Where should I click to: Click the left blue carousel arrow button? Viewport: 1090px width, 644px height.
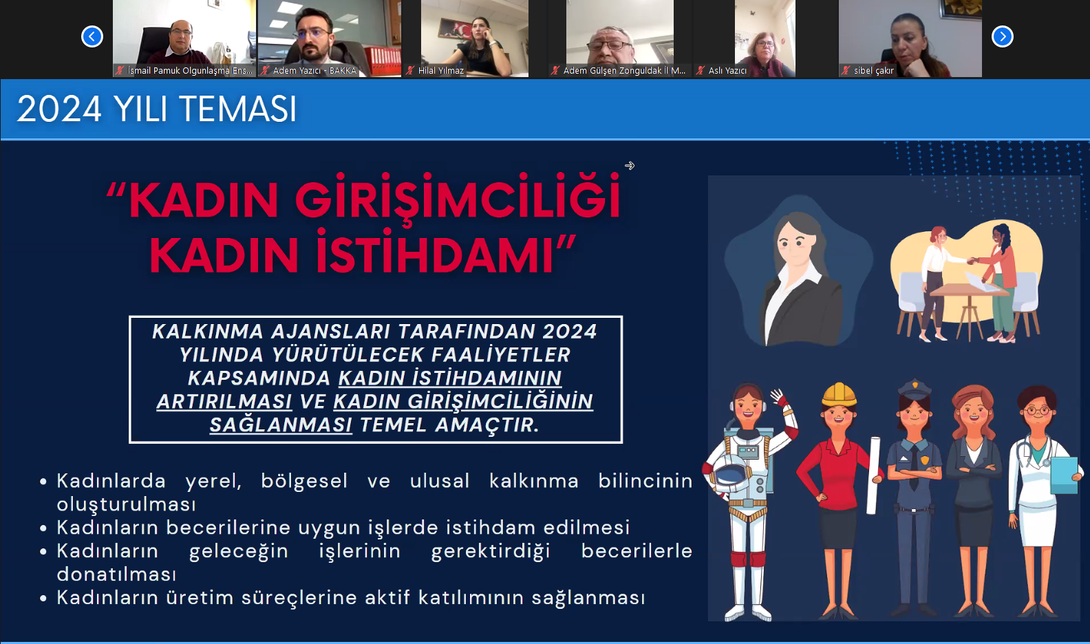click(x=92, y=36)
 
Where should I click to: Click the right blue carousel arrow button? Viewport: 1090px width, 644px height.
click(x=1003, y=36)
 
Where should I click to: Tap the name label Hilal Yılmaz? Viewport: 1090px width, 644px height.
click(x=441, y=71)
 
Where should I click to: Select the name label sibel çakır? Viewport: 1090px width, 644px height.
click(x=873, y=71)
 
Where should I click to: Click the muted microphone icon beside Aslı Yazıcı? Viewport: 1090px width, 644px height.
click(x=701, y=71)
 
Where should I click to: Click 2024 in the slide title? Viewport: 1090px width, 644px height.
click(x=59, y=109)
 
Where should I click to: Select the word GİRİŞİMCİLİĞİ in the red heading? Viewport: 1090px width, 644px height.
click(x=458, y=200)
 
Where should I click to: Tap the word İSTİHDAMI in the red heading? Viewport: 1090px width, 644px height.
click(x=436, y=255)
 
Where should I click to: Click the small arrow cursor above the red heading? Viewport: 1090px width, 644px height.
click(x=630, y=166)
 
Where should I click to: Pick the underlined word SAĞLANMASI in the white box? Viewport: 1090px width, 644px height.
click(x=281, y=425)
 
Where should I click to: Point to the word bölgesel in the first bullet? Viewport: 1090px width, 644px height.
click(x=304, y=480)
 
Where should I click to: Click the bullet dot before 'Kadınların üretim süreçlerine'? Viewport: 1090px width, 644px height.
click(x=43, y=599)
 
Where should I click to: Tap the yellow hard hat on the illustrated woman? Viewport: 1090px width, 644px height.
click(x=839, y=394)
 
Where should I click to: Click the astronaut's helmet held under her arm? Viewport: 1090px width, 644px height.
click(x=730, y=477)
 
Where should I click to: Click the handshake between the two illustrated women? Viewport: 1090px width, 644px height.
click(x=972, y=261)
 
